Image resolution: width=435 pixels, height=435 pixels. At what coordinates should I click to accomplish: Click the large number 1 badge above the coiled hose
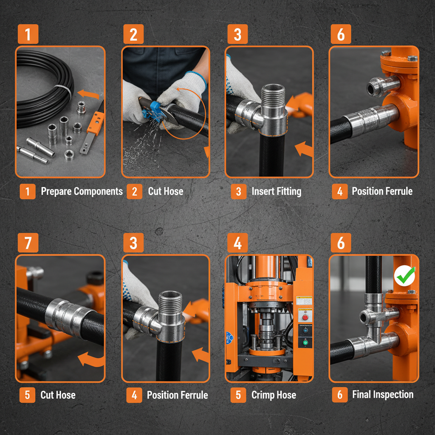pos(28,34)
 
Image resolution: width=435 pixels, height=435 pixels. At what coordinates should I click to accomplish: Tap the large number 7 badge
pos(28,243)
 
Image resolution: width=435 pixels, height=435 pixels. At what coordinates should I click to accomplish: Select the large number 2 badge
pos(133,34)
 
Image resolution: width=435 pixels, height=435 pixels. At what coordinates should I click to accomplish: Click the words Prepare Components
pos(82,191)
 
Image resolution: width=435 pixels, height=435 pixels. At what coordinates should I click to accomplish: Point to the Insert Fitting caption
pos(276,191)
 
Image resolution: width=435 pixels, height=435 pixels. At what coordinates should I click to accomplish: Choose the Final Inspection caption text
pos(382,395)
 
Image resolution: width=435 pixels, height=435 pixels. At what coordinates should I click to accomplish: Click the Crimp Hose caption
pos(274,395)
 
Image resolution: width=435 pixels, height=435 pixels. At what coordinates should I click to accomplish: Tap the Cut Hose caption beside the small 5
pos(58,395)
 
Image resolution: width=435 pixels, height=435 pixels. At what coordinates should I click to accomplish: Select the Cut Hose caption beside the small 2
pos(166,191)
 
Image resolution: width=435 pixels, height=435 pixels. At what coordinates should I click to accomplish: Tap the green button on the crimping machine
pos(305,342)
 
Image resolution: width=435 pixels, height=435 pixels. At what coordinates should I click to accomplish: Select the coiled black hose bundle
pos(42,85)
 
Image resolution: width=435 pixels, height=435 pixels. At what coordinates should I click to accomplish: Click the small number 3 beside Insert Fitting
pos(238,192)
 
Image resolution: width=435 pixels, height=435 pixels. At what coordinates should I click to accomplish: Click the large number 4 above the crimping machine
pos(237,243)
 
